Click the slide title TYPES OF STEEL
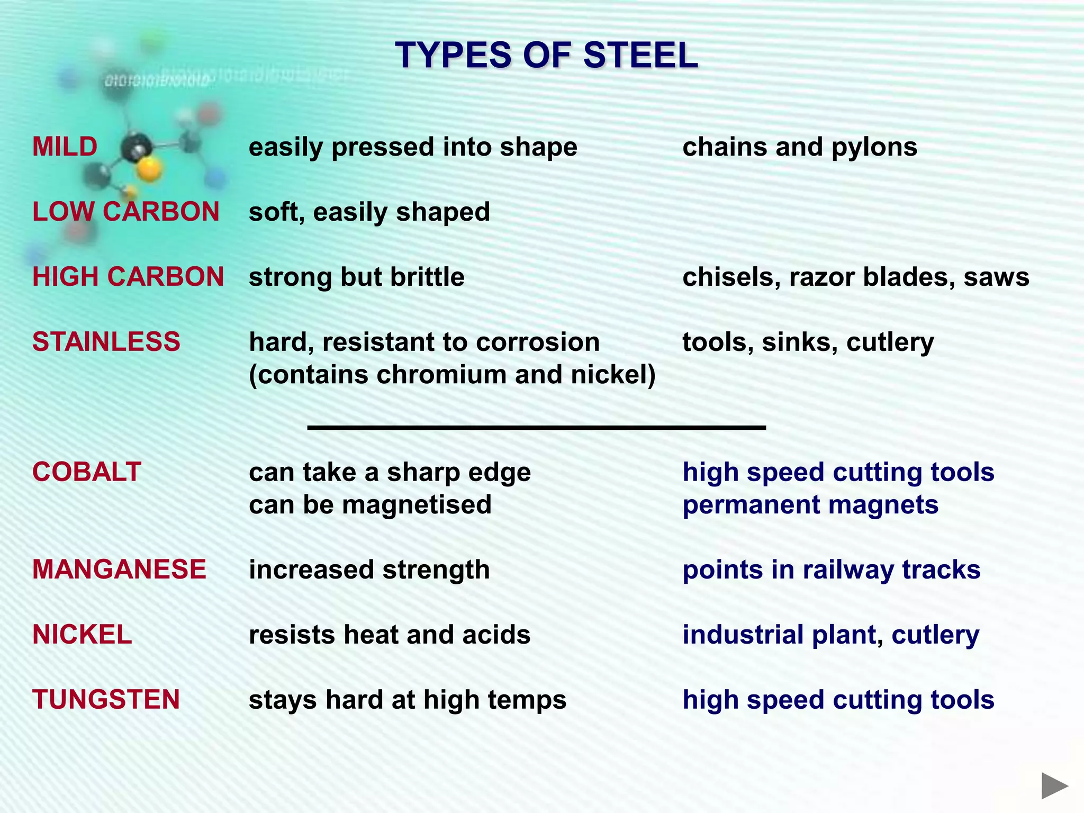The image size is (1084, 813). click(x=546, y=55)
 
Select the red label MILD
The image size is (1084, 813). click(x=65, y=147)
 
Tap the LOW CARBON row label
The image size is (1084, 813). click(x=126, y=212)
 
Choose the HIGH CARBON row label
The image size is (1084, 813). click(x=128, y=277)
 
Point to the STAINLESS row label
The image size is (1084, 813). click(x=106, y=342)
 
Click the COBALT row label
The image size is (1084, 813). click(x=87, y=472)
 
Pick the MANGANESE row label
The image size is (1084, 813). click(x=119, y=570)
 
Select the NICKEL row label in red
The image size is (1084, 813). click(x=82, y=635)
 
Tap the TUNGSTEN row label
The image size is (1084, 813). click(x=106, y=700)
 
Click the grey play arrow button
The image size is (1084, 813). click(x=1054, y=785)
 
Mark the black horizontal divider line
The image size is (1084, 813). click(x=536, y=427)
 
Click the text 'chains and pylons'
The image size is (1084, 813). click(x=799, y=147)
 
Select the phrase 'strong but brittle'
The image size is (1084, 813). click(x=356, y=277)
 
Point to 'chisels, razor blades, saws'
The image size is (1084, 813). click(x=855, y=277)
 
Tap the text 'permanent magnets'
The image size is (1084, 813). click(x=810, y=505)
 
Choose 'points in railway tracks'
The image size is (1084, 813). click(x=831, y=570)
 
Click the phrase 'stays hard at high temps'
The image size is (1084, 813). click(x=407, y=700)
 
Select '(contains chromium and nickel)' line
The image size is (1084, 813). click(x=452, y=375)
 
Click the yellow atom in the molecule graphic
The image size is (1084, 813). click(x=149, y=169)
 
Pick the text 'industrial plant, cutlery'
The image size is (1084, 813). click(x=830, y=635)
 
